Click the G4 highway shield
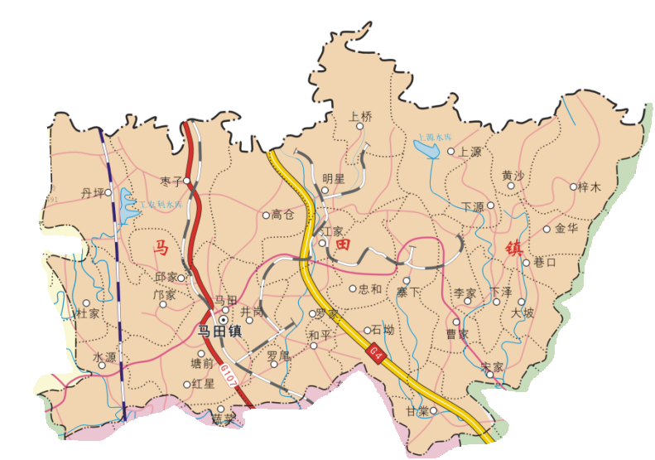coord(377,354)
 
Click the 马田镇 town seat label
coord(219,332)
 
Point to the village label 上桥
coord(360,116)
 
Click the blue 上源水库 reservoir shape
coord(426,149)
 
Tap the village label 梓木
coord(590,187)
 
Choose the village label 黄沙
coord(513,176)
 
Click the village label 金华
coord(566,228)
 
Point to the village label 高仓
coord(283,215)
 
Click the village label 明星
coord(333,178)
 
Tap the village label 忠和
coord(370,289)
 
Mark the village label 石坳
coord(383,330)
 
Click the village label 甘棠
coord(417,410)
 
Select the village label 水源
coord(104,357)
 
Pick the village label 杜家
coord(88,314)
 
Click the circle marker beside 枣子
coord(187,180)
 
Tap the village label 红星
coord(203,384)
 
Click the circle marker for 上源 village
coord(451,152)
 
